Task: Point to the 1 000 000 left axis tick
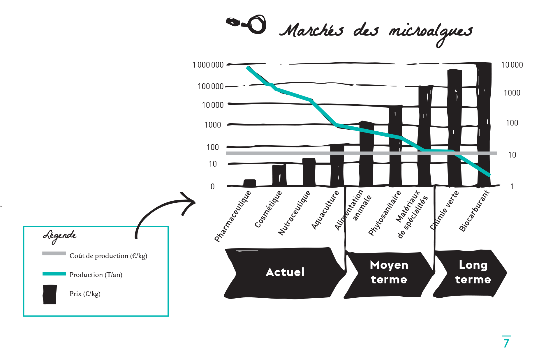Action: [x=208, y=65]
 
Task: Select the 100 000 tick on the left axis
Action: [x=210, y=86]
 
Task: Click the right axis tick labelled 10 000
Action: [x=512, y=65]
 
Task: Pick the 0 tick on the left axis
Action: [x=212, y=186]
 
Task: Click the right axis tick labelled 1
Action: [x=512, y=186]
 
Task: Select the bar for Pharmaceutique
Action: [x=249, y=183]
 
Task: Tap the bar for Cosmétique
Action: [x=279, y=175]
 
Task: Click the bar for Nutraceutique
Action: [x=309, y=172]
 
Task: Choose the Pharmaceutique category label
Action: [x=232, y=216]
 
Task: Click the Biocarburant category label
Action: [x=474, y=211]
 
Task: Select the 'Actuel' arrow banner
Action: [x=285, y=272]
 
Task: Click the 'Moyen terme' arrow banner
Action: [x=389, y=272]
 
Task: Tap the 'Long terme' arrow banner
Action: [x=473, y=272]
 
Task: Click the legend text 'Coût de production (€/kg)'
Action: [x=108, y=256]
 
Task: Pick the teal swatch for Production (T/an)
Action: [x=54, y=274]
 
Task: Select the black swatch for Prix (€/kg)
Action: [x=50, y=294]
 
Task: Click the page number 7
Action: [x=506, y=343]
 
